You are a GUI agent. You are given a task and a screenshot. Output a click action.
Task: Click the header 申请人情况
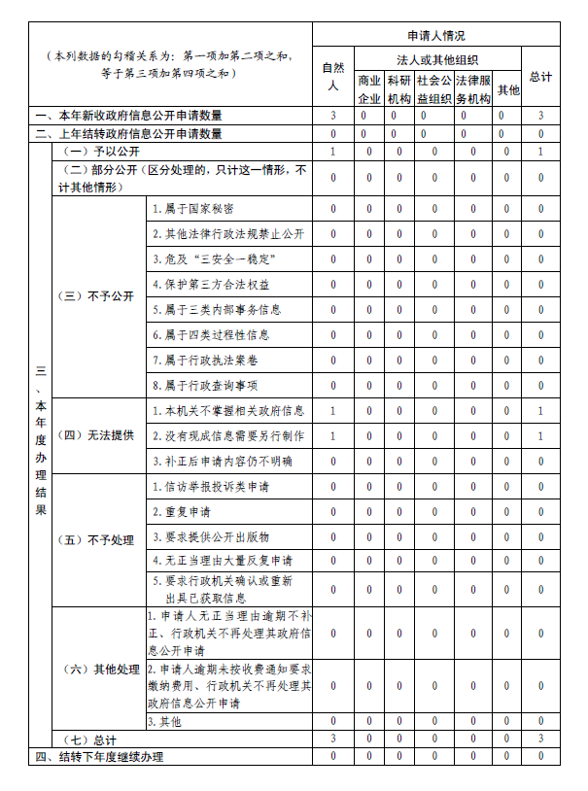click(436, 36)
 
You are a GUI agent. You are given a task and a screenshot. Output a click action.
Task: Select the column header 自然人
click(332, 77)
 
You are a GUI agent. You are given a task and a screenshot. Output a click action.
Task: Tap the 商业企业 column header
click(368, 89)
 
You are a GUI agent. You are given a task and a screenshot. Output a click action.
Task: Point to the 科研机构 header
click(398, 89)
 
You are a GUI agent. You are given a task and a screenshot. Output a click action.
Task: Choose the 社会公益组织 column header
click(433, 89)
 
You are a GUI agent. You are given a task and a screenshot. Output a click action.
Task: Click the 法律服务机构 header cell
click(473, 89)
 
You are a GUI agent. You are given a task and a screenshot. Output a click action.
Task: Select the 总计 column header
click(540, 77)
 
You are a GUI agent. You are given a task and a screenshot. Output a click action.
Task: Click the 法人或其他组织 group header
click(436, 60)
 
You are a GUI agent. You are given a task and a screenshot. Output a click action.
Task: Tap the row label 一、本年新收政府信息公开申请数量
click(128, 116)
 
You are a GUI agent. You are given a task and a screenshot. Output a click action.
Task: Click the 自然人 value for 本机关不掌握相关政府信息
click(332, 410)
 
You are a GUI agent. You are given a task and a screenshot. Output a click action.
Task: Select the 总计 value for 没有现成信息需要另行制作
click(540, 435)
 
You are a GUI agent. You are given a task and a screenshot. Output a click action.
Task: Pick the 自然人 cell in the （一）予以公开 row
click(332, 152)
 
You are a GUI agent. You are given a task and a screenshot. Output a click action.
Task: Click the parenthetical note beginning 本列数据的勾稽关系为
click(169, 64)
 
